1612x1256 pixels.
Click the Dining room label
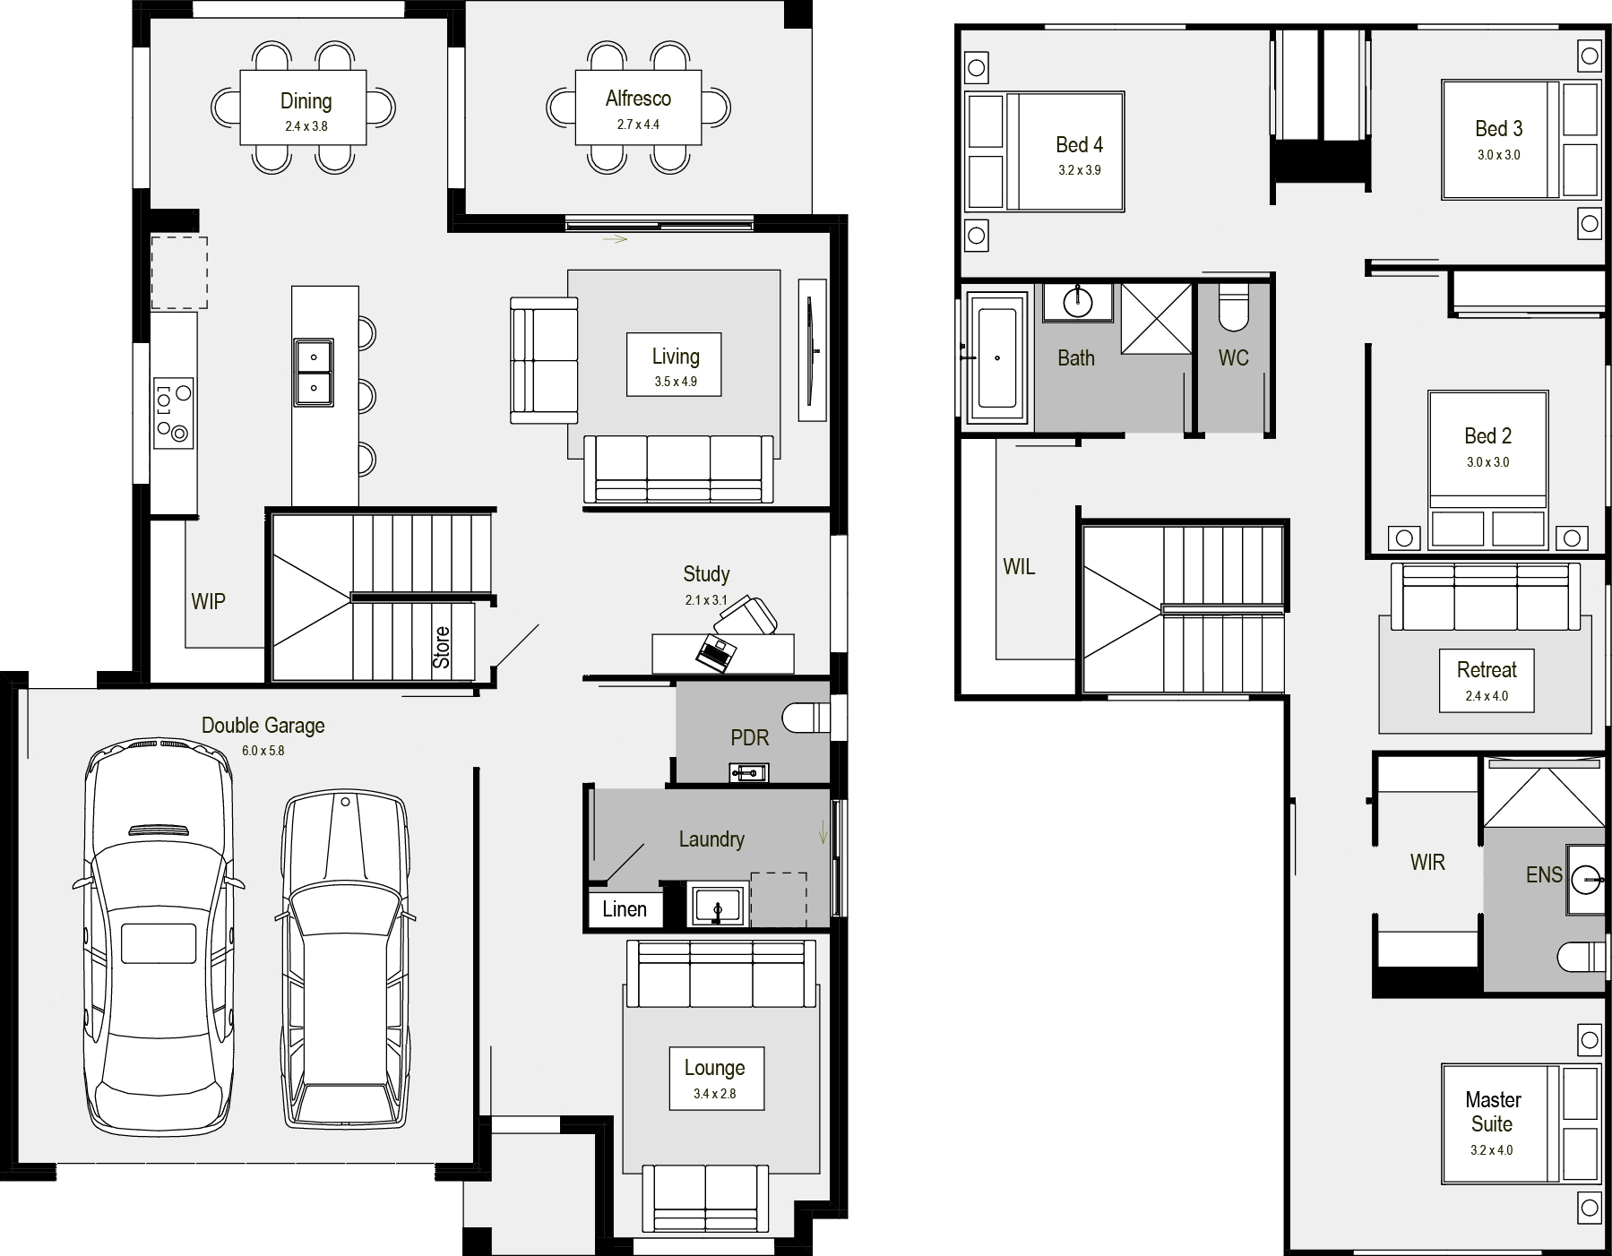tap(306, 101)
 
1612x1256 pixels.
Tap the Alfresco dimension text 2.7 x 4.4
tap(638, 125)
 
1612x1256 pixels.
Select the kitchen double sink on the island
tap(314, 372)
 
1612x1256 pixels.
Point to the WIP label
tap(208, 601)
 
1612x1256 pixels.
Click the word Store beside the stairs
tap(441, 647)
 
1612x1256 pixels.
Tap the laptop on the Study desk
tap(716, 652)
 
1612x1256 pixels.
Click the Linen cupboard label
tap(625, 909)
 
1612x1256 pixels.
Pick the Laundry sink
tap(717, 905)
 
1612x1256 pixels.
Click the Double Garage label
tap(263, 726)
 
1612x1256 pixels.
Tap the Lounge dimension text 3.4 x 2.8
tap(714, 1094)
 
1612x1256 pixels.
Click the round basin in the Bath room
tap(1077, 302)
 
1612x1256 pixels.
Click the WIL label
tap(1019, 566)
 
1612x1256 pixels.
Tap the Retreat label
tap(1487, 670)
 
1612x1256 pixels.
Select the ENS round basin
tap(1586, 880)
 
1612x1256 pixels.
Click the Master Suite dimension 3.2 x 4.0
tap(1491, 1150)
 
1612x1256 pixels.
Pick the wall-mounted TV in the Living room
tap(812, 349)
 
